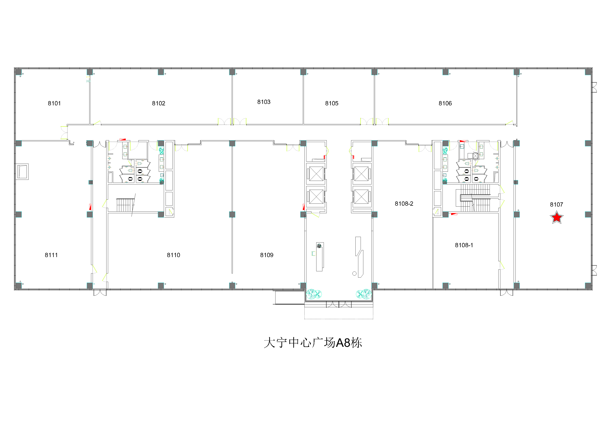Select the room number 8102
[x=159, y=103]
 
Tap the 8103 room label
[x=264, y=102]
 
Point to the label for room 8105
[x=332, y=103]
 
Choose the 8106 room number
[x=445, y=103]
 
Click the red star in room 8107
[x=557, y=217]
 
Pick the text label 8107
[x=557, y=204]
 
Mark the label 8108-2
[x=404, y=204]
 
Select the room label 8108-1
[x=464, y=245]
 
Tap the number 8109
[x=267, y=255]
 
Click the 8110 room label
[x=173, y=255]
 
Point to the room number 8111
[x=51, y=255]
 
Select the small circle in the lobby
[x=354, y=273]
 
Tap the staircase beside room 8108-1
[x=475, y=198]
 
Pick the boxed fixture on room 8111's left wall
[x=22, y=172]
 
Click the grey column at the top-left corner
[x=18, y=72]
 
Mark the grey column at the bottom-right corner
[x=588, y=285]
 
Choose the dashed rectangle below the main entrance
[x=339, y=313]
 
